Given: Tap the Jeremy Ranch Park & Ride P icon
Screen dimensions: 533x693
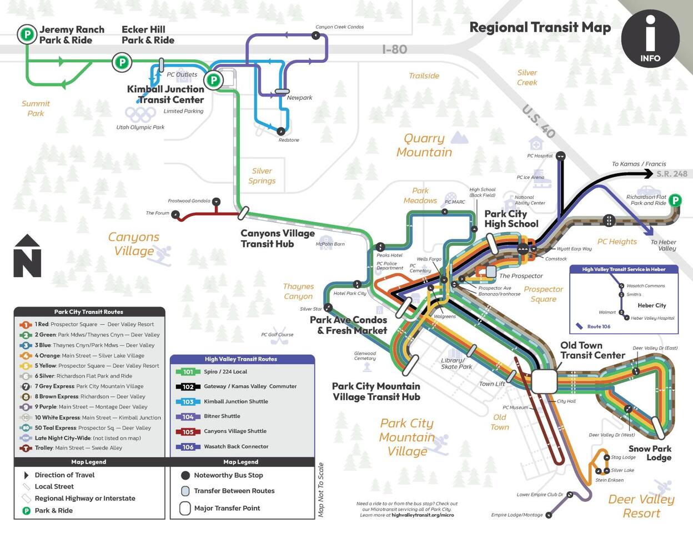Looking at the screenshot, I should [x=26, y=34].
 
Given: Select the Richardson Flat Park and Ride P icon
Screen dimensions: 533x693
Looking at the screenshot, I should [x=675, y=200].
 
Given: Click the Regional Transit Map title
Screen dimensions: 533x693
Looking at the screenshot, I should [x=540, y=27].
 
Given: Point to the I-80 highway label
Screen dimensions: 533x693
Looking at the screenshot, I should [x=394, y=49].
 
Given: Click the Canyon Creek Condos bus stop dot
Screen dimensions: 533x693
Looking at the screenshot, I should [x=315, y=36].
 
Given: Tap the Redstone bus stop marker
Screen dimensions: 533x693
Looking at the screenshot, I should [x=281, y=132].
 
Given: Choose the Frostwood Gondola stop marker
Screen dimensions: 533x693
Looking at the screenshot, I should [x=217, y=202].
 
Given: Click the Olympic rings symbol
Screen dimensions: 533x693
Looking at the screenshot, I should [x=140, y=114].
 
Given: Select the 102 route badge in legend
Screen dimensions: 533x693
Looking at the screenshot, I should [x=188, y=386].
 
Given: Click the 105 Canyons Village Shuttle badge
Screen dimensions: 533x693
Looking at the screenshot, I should [x=188, y=431].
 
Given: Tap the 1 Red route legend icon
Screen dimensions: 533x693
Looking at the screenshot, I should [x=26, y=325].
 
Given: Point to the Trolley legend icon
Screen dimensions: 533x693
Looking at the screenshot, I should [x=26, y=448].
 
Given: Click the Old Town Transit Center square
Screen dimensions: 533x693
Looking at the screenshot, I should [x=544, y=381].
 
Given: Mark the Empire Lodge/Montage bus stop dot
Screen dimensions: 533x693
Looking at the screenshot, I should [x=549, y=515].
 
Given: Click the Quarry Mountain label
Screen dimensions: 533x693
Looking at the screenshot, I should [x=424, y=145].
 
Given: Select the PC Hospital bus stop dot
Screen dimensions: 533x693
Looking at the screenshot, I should [x=560, y=156].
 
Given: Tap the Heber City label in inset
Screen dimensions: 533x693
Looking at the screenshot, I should [x=652, y=305].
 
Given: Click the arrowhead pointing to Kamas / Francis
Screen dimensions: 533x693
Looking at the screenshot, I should [x=648, y=174].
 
